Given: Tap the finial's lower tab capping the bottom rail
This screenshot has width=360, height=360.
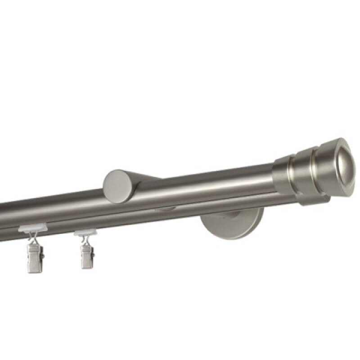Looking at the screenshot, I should coord(310,201).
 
